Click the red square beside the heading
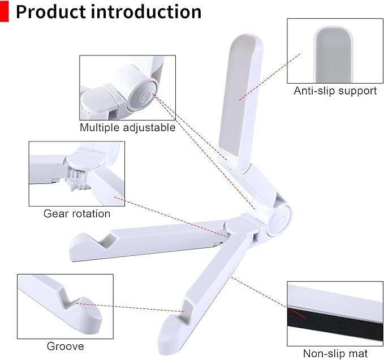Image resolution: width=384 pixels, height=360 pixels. tap(5, 11)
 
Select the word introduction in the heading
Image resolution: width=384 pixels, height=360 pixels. tap(147, 11)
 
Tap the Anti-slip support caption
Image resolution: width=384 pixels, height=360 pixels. tap(335, 91)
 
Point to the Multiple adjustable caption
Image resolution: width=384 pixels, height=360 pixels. tap(127, 127)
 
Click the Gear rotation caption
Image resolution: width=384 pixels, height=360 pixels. tap(77, 214)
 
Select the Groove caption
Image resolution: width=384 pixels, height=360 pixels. tap(65, 346)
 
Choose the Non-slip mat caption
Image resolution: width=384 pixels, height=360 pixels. tap(335, 354)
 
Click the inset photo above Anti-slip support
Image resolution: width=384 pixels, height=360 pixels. tap(335, 50)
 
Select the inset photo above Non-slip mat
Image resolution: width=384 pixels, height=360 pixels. tap(335, 314)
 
